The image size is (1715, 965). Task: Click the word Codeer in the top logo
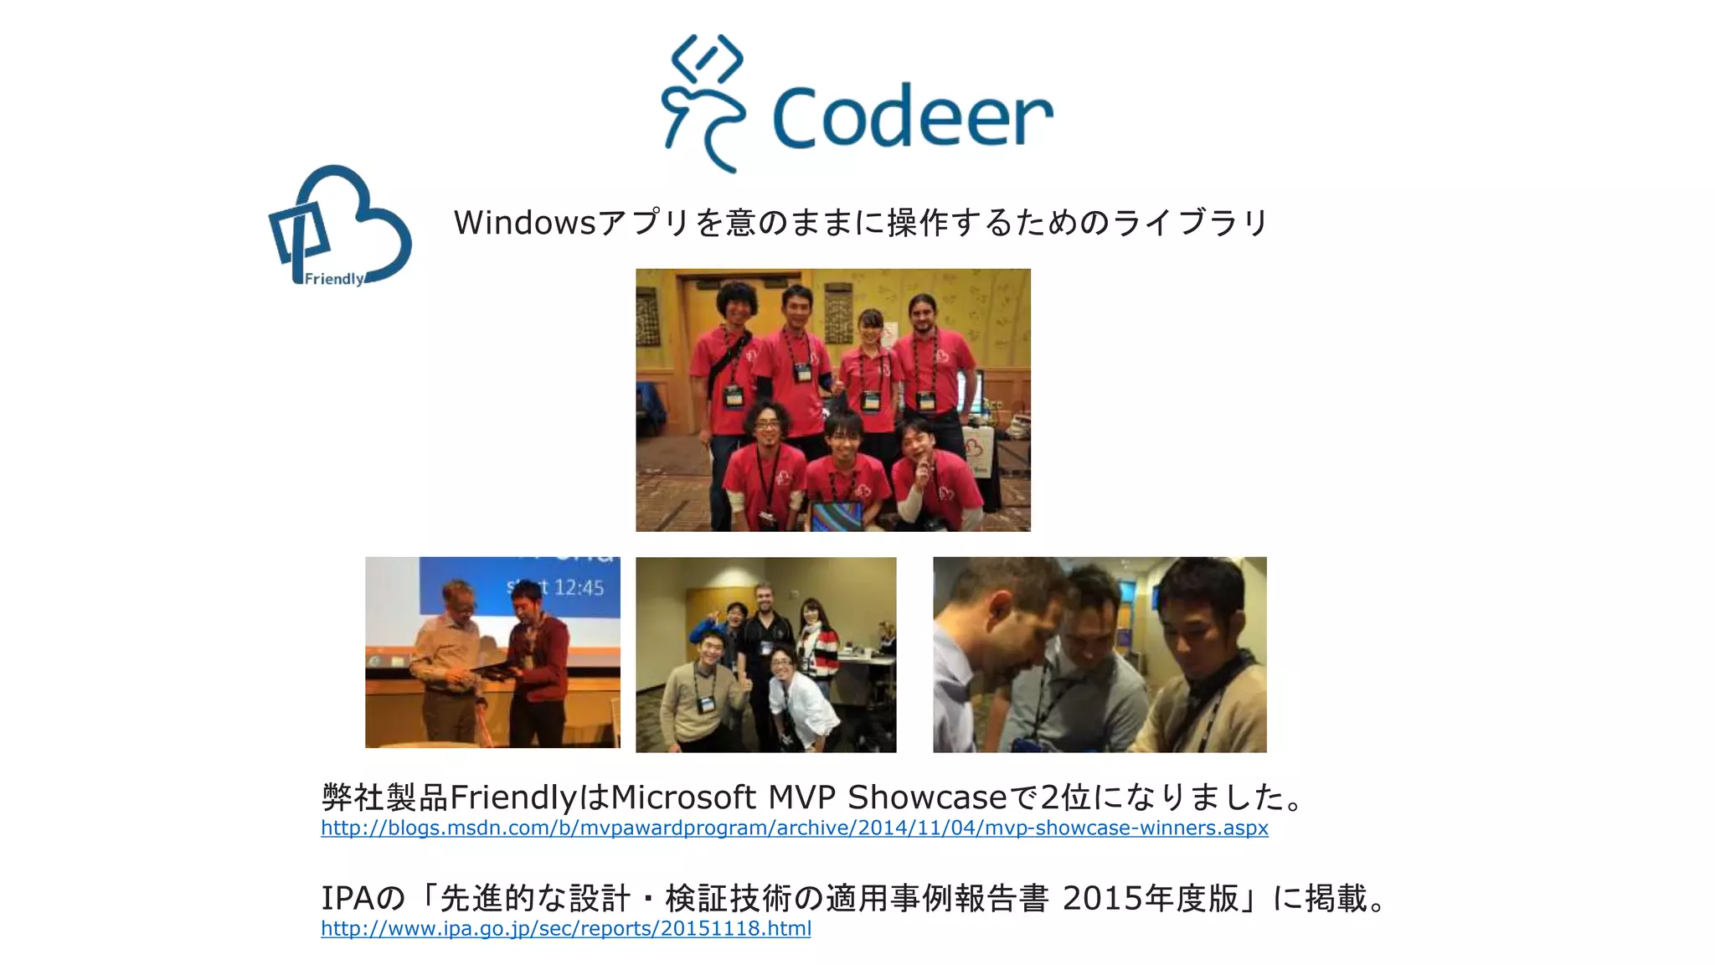911,117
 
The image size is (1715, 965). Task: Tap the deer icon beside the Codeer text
702,105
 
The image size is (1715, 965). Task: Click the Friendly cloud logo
340,226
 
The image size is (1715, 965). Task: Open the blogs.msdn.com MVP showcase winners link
794,828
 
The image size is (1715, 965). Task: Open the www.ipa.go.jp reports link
565,929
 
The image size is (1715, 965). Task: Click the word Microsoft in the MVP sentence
683,797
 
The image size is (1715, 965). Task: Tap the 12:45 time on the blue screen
579,587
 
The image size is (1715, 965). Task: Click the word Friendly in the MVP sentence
512,797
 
